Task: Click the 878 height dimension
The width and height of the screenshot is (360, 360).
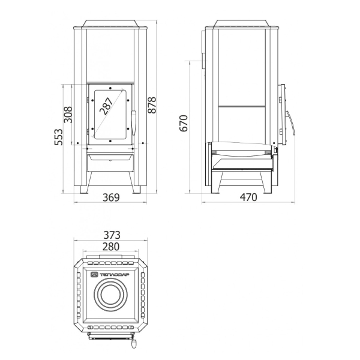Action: coord(152,105)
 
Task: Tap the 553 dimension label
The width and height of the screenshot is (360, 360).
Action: coord(58,137)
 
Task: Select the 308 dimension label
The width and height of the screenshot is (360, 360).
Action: coord(68,115)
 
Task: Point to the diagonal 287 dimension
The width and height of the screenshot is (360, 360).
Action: coord(106,106)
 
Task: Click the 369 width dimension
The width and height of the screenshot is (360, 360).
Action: coord(111,197)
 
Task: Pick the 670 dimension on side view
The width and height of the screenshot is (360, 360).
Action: coord(184,123)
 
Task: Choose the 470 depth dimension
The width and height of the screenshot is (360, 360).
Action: coord(248,197)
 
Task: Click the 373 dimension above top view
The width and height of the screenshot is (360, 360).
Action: coord(112,235)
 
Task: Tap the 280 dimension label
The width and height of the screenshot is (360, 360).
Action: coord(111,247)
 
